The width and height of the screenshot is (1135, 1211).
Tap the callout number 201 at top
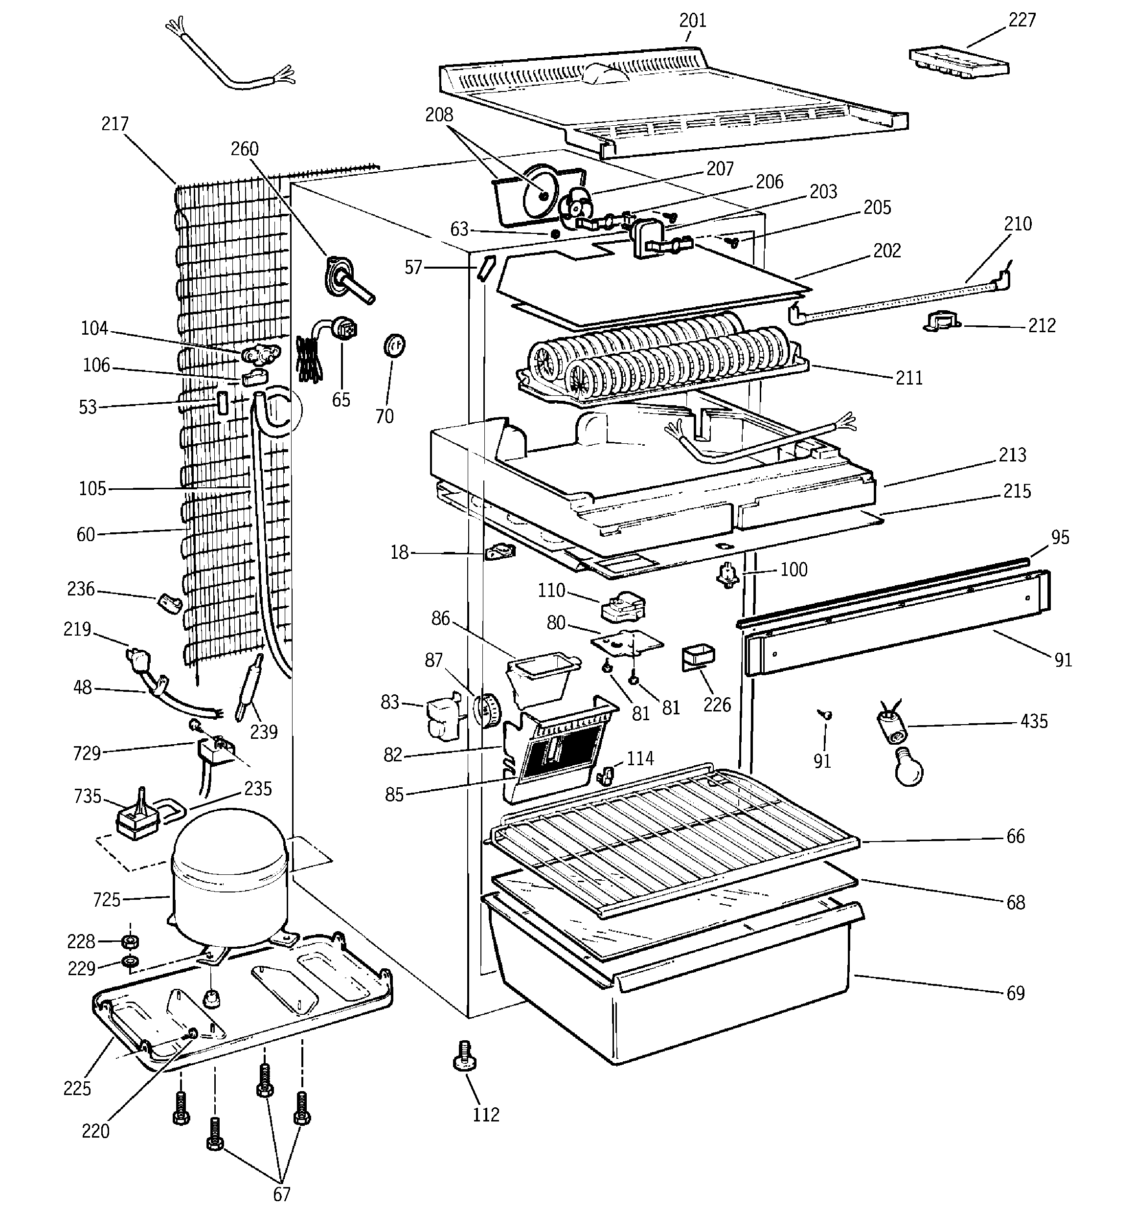(x=693, y=21)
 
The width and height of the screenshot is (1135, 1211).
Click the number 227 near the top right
(x=1021, y=20)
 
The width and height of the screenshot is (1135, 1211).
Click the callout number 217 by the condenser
(x=115, y=124)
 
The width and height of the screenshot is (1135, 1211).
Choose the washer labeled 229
(x=130, y=962)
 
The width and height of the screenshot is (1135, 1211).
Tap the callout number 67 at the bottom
(x=281, y=1194)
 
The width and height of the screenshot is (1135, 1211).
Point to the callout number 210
(x=1018, y=224)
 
